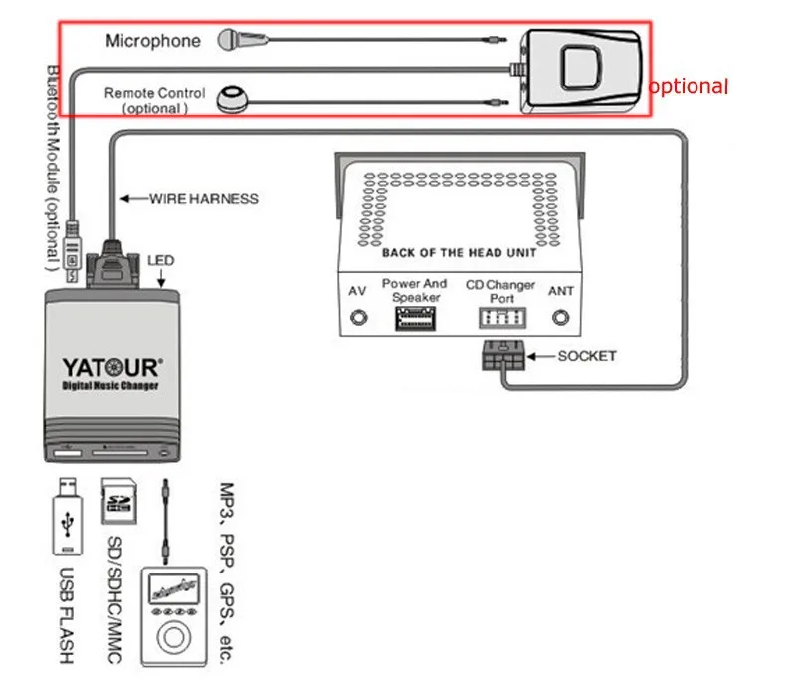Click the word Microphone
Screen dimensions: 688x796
[x=153, y=41]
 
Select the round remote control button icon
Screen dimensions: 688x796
[x=233, y=97]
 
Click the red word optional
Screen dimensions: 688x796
[x=689, y=87]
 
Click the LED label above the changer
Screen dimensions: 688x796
[x=160, y=261]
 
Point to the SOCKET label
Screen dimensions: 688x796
[x=586, y=355]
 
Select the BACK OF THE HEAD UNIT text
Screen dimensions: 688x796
[x=459, y=253]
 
